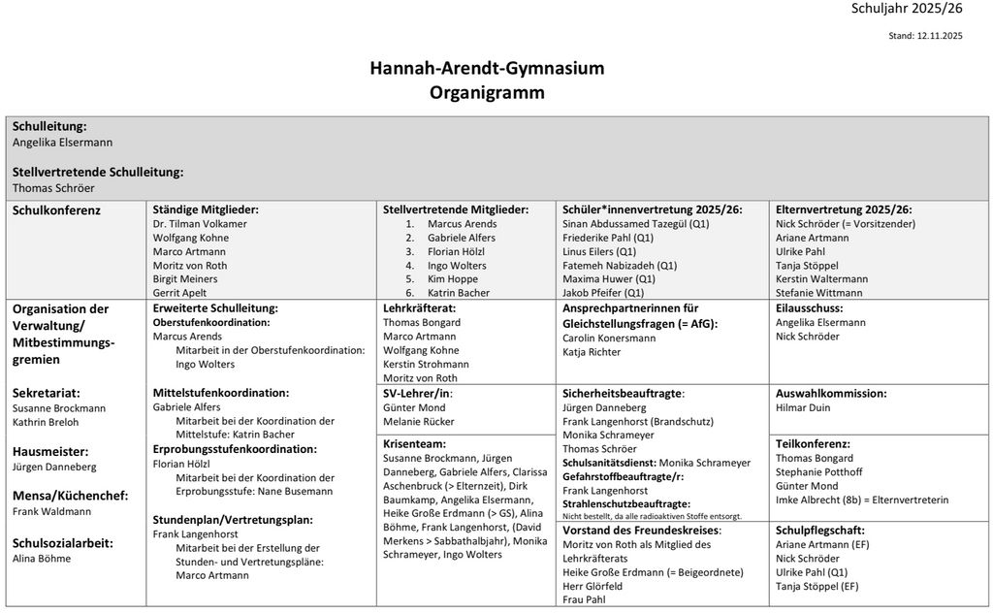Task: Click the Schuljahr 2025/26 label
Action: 906,9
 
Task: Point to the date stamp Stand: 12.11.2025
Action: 925,36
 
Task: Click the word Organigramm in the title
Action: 487,93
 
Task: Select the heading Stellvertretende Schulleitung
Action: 98,172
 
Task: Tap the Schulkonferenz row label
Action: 56,210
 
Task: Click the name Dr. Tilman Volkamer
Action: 200,223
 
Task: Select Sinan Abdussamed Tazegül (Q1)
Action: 635,223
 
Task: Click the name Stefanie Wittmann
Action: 818,292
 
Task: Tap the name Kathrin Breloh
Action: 46,422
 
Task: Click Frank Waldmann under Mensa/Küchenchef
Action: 51,510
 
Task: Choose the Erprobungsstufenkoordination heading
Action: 235,449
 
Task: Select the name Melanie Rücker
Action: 418,422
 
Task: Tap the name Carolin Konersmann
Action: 609,338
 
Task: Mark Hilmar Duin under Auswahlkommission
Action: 803,408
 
